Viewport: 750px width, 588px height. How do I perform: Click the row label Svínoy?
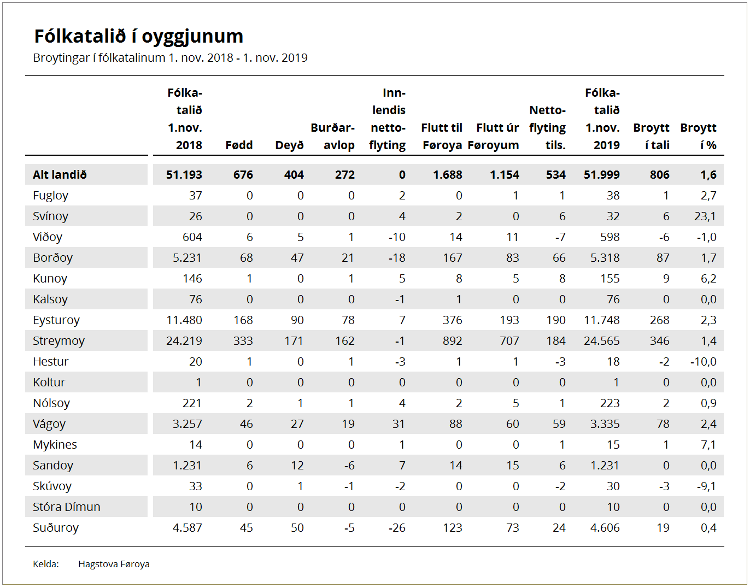point(50,216)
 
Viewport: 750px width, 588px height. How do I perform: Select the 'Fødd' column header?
point(239,145)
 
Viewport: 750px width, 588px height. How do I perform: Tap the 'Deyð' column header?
point(289,145)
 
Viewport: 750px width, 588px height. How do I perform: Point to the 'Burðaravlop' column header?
point(333,137)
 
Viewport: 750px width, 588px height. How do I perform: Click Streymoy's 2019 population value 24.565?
point(602,341)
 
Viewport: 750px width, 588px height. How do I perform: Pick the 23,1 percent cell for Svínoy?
point(705,216)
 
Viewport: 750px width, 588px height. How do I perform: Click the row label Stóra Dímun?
point(67,507)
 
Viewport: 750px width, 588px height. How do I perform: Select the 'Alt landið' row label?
point(60,175)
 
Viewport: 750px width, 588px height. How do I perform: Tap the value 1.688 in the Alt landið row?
point(448,175)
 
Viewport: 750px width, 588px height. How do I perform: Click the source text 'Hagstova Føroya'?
point(114,564)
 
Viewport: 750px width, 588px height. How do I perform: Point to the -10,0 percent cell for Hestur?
point(704,361)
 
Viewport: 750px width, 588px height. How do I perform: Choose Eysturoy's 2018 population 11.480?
point(184,320)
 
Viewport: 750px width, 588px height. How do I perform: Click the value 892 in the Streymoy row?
point(453,341)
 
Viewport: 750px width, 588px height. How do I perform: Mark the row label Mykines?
point(55,445)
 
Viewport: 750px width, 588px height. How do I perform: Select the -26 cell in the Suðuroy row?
point(397,528)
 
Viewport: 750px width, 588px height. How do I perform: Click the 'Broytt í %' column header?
point(698,137)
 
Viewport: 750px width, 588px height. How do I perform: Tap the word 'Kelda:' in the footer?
point(46,564)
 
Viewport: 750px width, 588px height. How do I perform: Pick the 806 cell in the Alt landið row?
point(660,175)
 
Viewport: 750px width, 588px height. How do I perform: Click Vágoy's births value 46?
point(247,424)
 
